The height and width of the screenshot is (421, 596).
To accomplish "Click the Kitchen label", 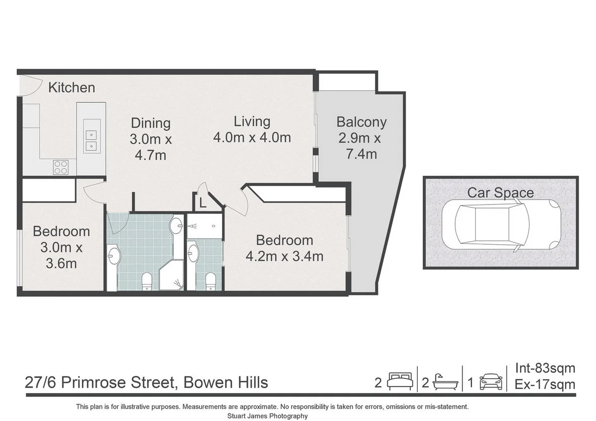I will coord(72,88).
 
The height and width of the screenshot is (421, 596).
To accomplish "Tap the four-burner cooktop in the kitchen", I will coord(61,167).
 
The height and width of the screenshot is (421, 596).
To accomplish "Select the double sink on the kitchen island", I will coord(91,140).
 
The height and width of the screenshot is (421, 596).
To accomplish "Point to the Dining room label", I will coord(150,123).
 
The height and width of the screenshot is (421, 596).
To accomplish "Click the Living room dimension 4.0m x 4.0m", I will coord(252,138).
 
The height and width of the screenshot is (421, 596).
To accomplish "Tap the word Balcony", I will coord(361,122).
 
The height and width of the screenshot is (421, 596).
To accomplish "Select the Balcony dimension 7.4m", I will coord(361,154).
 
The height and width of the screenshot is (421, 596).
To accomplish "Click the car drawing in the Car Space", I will coord(501,224).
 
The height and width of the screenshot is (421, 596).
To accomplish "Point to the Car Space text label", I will coord(501,193).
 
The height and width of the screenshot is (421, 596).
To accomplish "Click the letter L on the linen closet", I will coord(202,203).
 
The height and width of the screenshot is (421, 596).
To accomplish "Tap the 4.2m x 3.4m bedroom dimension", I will coord(285,256).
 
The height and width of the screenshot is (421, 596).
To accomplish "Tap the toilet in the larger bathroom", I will coord(147,281).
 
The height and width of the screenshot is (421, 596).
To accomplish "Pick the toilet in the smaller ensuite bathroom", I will coord(211,281).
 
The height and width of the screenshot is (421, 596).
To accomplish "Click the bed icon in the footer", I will coord(400,382).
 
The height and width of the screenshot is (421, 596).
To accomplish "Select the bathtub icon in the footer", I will coord(445,382).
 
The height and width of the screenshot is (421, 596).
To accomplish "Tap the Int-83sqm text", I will coord(545,368).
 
